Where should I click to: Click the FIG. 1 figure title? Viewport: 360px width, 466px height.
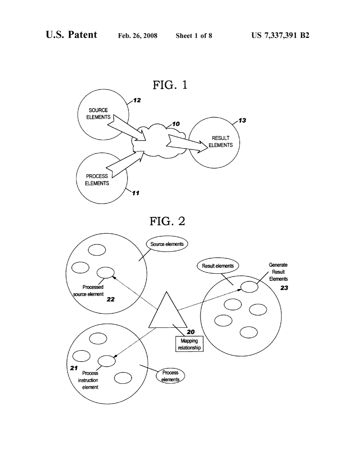170,85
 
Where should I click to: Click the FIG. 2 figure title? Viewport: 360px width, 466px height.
167,221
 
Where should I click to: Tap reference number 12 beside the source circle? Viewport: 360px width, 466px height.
137,100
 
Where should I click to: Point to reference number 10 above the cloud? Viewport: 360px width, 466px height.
176,124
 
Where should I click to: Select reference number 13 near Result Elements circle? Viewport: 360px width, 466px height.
242,121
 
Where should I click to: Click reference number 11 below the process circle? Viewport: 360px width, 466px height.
136,193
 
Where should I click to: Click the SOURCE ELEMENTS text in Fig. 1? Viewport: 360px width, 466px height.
98,114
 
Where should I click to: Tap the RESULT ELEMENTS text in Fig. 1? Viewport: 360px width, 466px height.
221,141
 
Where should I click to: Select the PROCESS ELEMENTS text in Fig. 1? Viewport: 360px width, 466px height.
97,180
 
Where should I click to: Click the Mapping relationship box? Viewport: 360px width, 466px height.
189,344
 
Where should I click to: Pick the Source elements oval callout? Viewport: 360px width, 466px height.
167,244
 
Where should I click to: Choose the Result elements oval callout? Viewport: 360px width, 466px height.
218,266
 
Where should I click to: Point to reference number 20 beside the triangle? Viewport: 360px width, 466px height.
191,332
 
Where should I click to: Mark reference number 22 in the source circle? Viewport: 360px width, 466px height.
110,299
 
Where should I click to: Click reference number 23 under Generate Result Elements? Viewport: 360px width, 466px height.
284,288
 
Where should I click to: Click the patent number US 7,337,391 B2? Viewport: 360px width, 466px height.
280,35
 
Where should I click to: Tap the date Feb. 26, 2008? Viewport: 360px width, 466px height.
138,36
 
